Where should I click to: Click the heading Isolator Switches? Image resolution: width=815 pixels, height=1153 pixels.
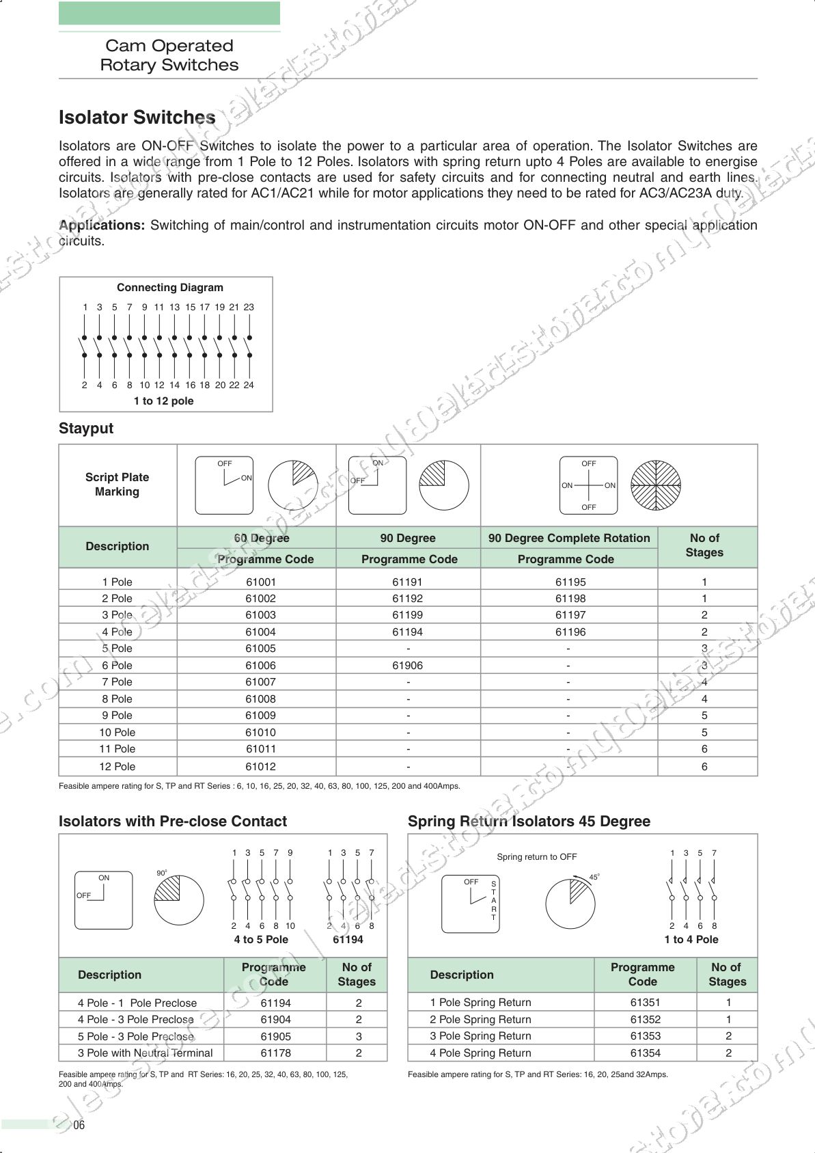click(x=137, y=118)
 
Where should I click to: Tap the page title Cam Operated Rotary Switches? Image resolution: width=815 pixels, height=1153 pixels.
click(x=169, y=55)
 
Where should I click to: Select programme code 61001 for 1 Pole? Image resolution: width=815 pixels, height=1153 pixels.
click(x=260, y=582)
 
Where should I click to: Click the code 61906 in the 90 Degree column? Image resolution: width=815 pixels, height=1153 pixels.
click(x=407, y=665)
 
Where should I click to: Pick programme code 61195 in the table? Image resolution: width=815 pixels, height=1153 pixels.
click(x=570, y=582)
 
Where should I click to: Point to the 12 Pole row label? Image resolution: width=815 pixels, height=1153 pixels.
click(x=117, y=766)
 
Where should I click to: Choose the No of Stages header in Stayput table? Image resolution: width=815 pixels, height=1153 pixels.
click(x=704, y=545)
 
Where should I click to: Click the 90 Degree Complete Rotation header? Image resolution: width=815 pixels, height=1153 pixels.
click(x=568, y=538)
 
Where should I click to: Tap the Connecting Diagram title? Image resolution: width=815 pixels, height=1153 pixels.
click(x=169, y=288)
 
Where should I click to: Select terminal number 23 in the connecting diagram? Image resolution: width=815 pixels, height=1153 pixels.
click(x=249, y=308)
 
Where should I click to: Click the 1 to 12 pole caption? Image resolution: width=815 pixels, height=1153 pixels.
click(x=163, y=401)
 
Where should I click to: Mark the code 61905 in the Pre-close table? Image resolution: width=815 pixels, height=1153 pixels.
click(x=275, y=1036)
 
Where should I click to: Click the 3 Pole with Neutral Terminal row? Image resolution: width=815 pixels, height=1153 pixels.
click(x=145, y=1053)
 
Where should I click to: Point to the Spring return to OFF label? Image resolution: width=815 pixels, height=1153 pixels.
click(x=536, y=857)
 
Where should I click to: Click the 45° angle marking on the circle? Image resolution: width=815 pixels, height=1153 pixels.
click(x=594, y=877)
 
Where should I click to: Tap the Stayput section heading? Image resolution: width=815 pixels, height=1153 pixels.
click(x=86, y=429)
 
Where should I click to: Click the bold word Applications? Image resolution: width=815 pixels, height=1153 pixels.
click(x=102, y=225)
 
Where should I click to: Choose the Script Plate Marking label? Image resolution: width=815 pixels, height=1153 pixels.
click(x=117, y=485)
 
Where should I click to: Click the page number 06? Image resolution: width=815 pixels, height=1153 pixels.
click(x=79, y=1125)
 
